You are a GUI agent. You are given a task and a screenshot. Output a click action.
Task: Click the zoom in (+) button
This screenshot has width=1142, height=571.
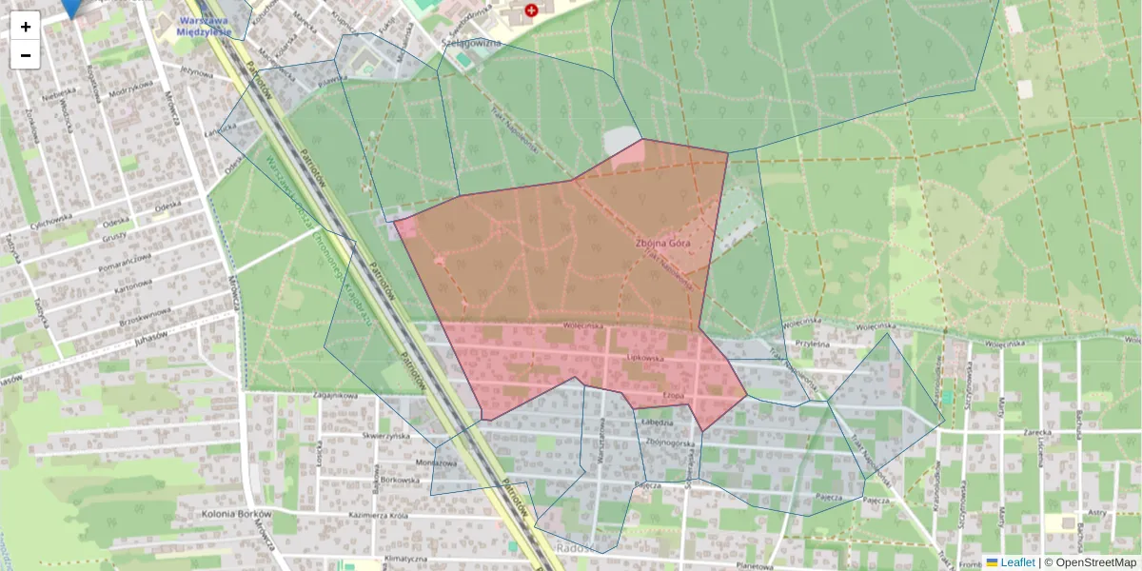(x=26, y=27)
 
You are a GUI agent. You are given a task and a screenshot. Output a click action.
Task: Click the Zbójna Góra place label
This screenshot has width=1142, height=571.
(x=662, y=243)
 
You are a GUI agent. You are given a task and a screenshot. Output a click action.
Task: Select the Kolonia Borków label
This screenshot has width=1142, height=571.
(x=236, y=514)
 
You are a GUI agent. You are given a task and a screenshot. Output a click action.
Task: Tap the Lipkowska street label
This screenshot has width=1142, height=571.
(x=644, y=358)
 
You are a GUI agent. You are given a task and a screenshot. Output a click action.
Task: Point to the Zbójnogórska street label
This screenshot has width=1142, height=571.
(x=666, y=443)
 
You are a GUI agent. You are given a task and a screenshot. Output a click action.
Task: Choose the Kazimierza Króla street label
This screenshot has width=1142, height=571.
(x=380, y=514)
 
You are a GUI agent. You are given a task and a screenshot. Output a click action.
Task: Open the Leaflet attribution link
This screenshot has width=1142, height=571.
(x=1017, y=562)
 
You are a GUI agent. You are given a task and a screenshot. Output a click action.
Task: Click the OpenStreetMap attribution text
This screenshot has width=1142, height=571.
(x=1094, y=562)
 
